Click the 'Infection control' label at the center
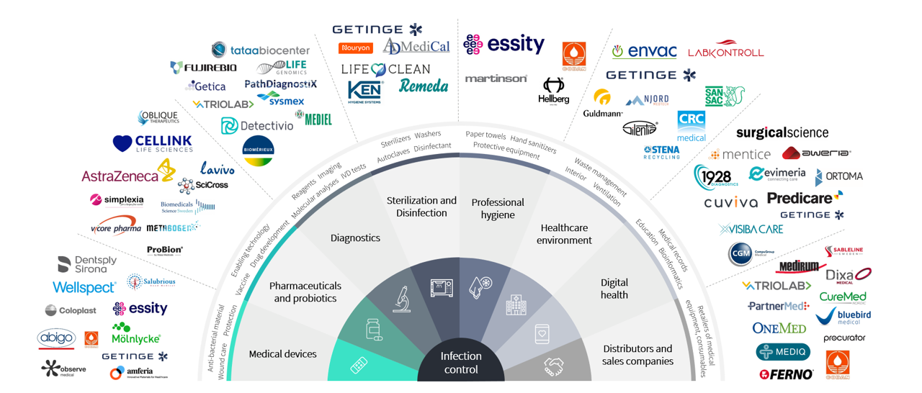pos(461,363)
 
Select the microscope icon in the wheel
pos(401,299)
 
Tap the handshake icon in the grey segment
pos(554,366)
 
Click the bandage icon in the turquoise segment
pos(359,366)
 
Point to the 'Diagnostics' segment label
pos(355,238)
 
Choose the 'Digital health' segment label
pos(614,289)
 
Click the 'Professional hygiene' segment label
pos(498,208)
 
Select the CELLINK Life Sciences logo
pos(153,143)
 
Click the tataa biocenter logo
pos(261,50)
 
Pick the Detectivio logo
pos(257,126)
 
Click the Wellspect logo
pos(84,288)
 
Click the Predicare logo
pos(804,197)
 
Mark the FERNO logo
pos(786,374)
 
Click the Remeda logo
pos(424,86)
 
